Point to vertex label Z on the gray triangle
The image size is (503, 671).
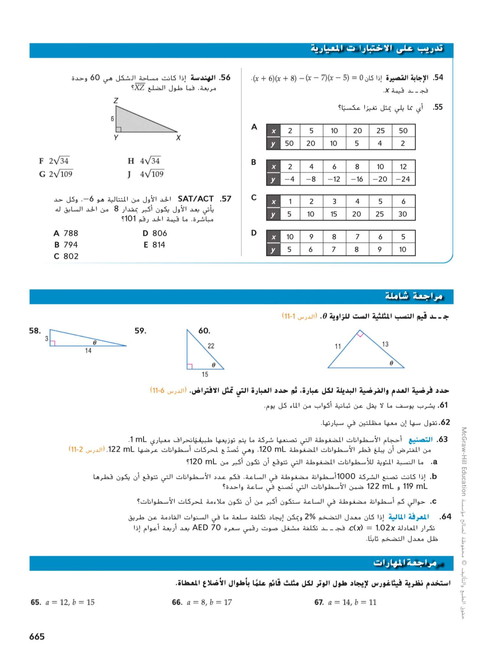(x=116, y=100)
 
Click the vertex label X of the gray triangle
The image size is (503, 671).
(x=178, y=138)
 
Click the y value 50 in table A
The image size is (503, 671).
(x=289, y=143)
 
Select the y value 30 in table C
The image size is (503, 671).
(x=403, y=214)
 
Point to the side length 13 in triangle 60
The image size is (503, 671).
(x=385, y=344)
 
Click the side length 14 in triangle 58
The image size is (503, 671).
(x=88, y=351)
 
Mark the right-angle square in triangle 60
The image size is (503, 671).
(x=360, y=334)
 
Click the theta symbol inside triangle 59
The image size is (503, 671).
(x=213, y=365)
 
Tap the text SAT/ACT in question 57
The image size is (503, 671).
(x=196, y=199)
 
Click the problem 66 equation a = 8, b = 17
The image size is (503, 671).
(x=209, y=602)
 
